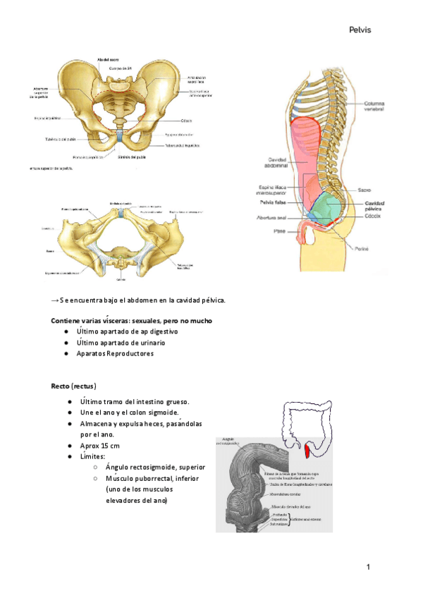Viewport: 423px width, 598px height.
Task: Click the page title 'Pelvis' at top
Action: coord(359,30)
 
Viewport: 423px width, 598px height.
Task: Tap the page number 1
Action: coord(368,567)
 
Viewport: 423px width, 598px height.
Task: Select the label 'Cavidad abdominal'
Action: coord(274,163)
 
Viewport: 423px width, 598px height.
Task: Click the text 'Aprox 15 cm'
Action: coord(100,446)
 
